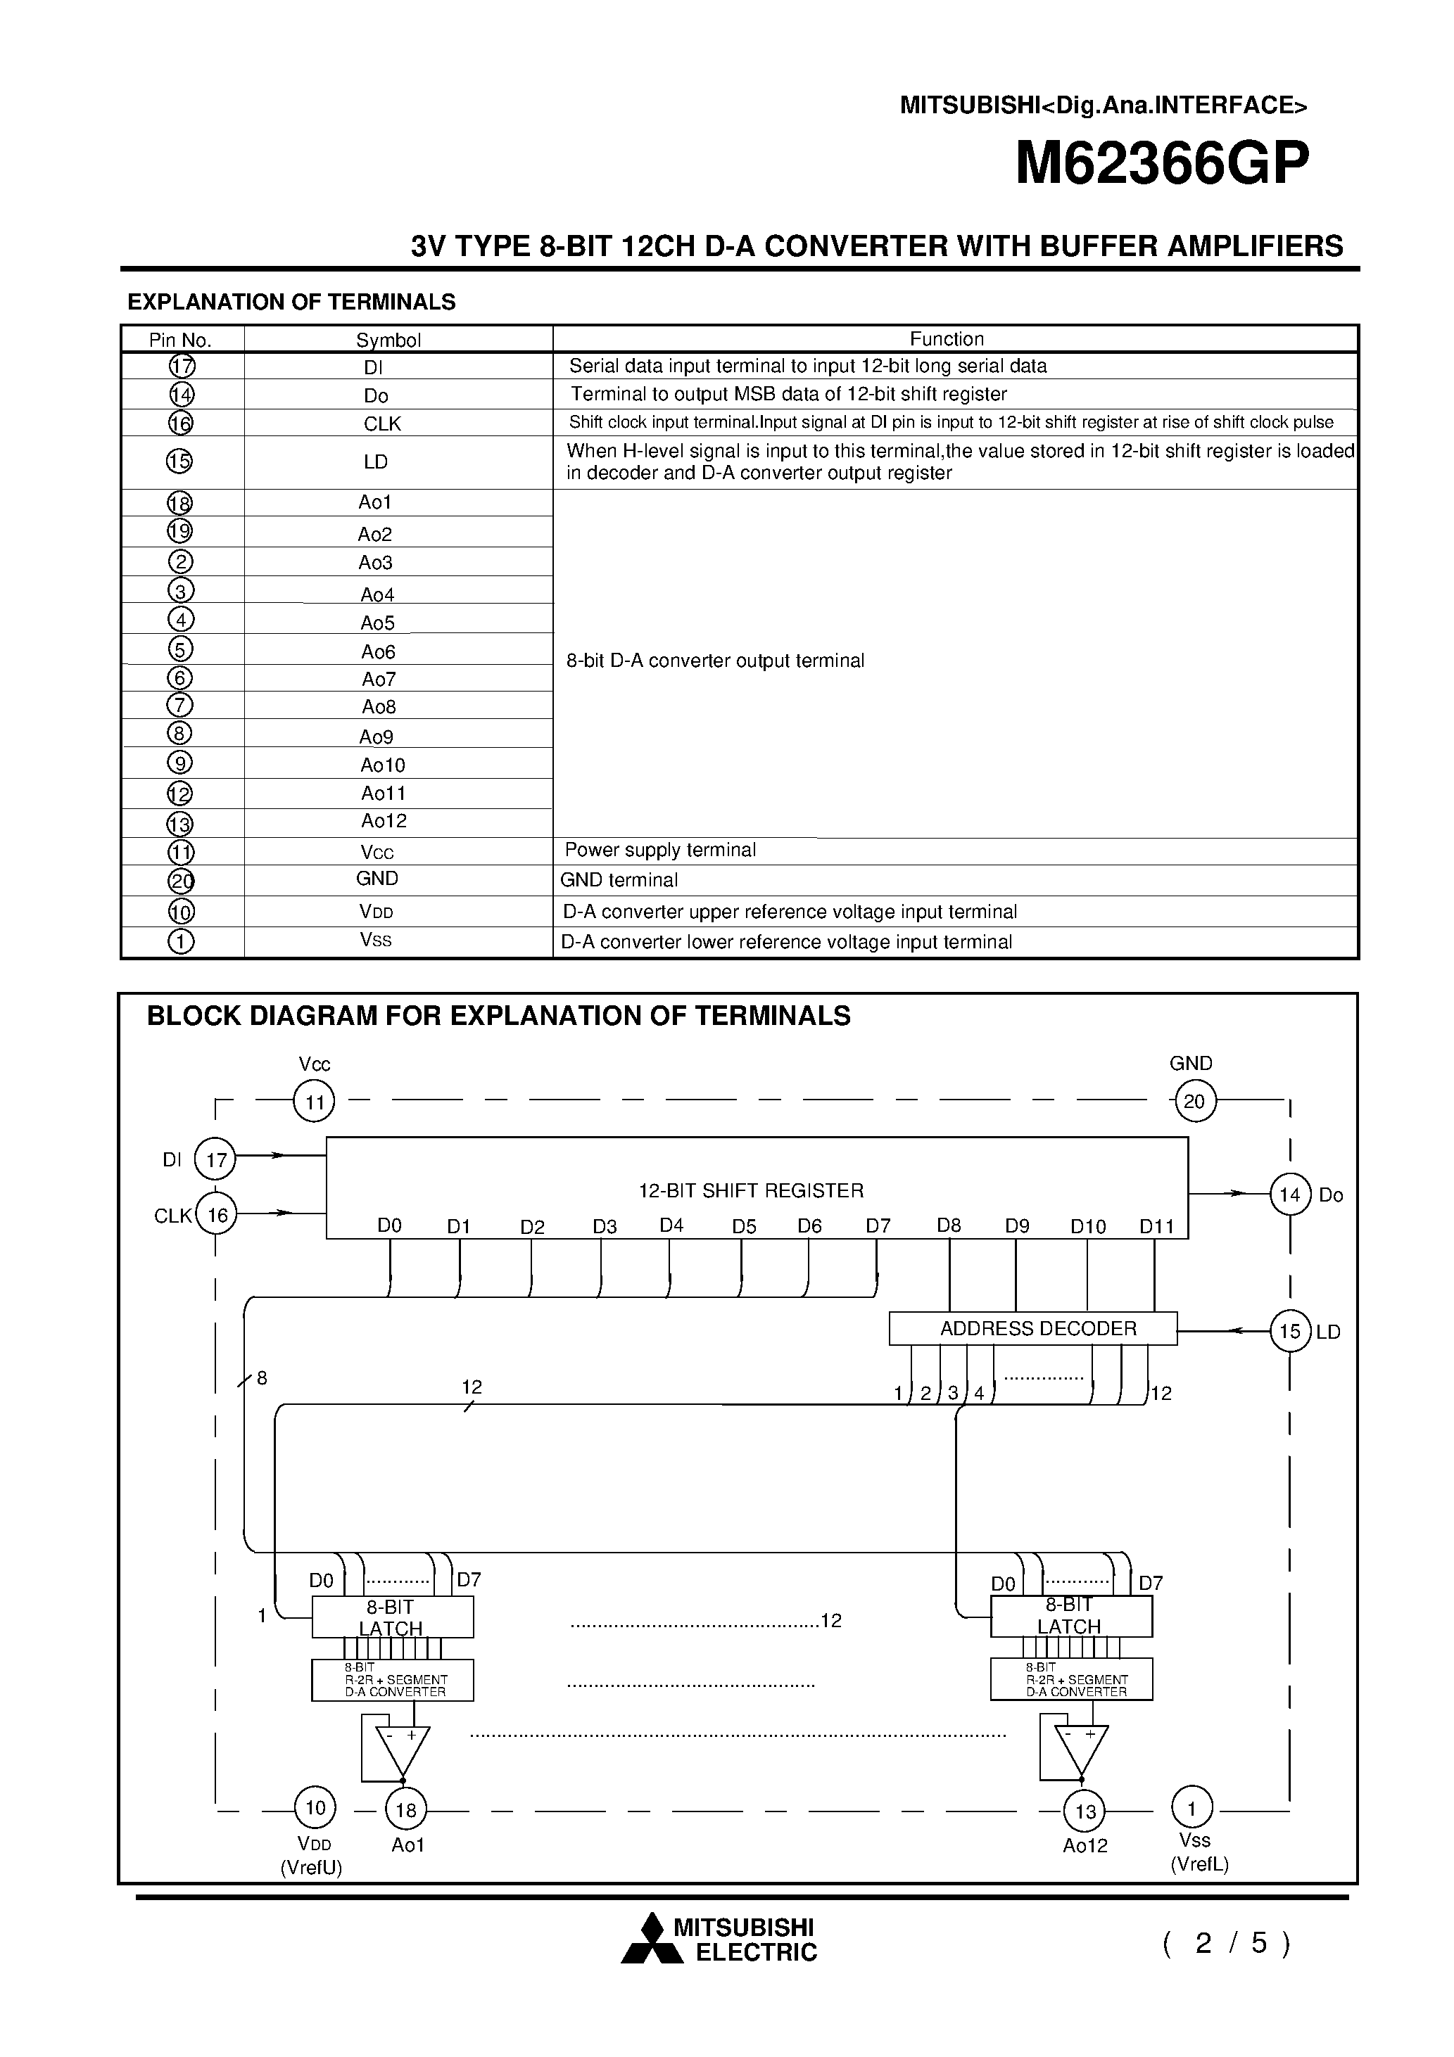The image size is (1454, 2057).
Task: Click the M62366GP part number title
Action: coord(1162,165)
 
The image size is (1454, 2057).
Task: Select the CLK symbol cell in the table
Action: coord(382,423)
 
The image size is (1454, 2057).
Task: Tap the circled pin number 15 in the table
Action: coord(179,461)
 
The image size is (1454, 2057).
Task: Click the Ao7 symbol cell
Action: coord(379,679)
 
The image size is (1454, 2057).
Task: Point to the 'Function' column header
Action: coord(947,338)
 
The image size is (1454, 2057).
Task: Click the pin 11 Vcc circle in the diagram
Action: coord(314,1102)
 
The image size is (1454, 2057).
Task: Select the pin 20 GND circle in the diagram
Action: coord(1195,1101)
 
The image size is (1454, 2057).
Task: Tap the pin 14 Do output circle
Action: coord(1290,1195)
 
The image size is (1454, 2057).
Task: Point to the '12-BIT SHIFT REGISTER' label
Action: coord(750,1191)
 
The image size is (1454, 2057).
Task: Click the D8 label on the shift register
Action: coord(949,1225)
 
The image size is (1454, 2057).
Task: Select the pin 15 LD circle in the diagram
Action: coord(1290,1331)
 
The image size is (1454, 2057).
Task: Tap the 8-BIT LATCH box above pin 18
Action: coord(392,1617)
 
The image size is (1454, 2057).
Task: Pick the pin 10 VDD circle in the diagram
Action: coord(315,1808)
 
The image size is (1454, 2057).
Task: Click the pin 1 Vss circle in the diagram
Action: coord(1191,1809)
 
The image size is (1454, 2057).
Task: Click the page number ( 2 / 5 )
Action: coord(1225,1942)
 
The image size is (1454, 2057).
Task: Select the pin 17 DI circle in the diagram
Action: coord(216,1160)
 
